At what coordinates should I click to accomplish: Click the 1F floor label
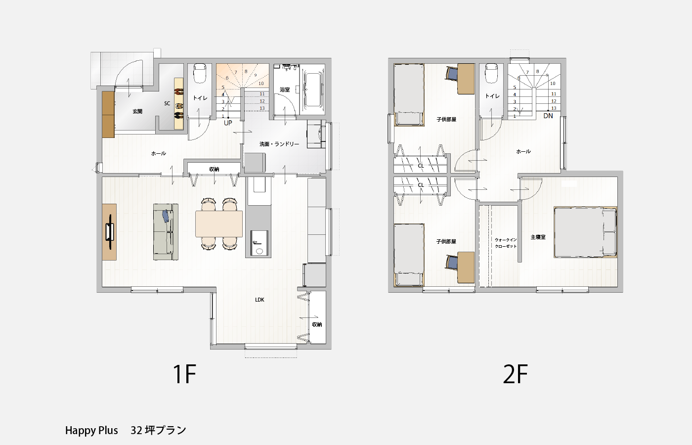(184, 374)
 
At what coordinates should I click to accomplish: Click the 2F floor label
(515, 374)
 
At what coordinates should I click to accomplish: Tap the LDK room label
(259, 300)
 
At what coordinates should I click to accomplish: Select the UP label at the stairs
(228, 123)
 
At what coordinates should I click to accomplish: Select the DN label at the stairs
(548, 116)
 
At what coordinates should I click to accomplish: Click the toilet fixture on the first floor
(200, 73)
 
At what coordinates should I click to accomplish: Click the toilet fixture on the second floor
(491, 73)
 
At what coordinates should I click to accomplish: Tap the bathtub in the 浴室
(312, 89)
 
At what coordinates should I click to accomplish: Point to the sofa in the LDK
(166, 232)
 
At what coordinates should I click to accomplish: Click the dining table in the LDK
(218, 223)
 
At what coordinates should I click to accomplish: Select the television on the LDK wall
(110, 232)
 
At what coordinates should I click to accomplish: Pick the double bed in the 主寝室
(585, 232)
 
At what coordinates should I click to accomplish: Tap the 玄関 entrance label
(137, 111)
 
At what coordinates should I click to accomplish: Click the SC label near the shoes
(167, 103)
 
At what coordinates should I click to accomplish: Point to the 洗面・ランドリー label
(279, 144)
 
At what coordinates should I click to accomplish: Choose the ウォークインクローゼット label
(506, 243)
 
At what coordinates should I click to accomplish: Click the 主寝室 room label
(538, 237)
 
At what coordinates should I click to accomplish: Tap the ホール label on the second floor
(523, 151)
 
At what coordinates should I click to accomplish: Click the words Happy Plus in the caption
(91, 431)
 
